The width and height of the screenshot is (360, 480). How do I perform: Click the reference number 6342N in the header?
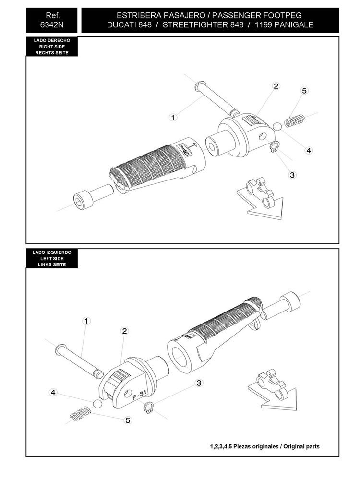[52, 25]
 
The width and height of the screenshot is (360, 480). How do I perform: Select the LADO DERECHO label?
[52, 40]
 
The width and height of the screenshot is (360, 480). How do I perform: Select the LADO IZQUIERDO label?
[52, 252]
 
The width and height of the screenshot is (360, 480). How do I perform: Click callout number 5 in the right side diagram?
[304, 91]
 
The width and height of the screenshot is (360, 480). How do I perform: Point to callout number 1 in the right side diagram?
[173, 117]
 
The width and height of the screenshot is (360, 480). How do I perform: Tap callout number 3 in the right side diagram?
[292, 175]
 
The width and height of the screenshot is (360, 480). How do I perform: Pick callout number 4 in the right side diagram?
[309, 150]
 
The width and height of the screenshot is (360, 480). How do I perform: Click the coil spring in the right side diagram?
[295, 120]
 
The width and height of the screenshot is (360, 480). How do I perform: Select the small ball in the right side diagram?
[277, 126]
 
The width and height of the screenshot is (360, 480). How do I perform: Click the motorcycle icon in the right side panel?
[260, 192]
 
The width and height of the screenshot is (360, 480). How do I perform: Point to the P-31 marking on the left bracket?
[140, 395]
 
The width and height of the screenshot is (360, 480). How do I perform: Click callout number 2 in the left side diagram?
[124, 331]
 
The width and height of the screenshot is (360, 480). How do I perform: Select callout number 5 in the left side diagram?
[128, 420]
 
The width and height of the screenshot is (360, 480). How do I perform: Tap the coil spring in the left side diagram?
[80, 414]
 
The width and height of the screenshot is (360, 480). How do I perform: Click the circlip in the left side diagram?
[148, 407]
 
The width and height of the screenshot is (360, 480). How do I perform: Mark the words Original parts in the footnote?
[301, 446]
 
